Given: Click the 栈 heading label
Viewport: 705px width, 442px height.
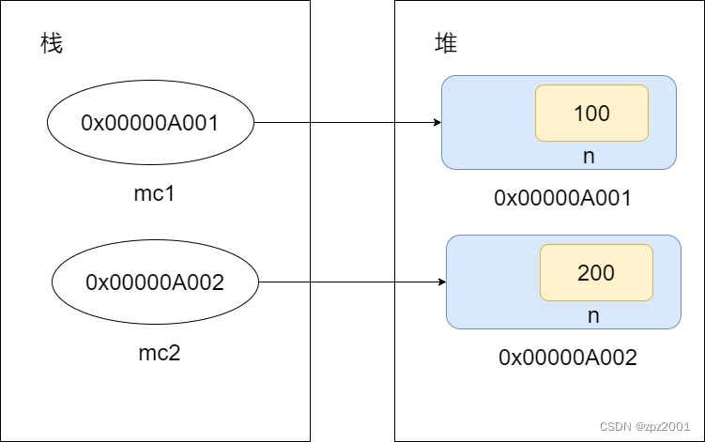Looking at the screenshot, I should (52, 43).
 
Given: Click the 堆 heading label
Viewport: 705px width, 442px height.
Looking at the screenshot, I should (447, 43).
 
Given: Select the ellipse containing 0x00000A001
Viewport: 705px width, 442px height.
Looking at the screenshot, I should (150, 123).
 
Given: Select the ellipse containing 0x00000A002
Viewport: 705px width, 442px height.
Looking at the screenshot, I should (155, 282).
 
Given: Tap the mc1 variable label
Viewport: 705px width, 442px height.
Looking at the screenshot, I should (155, 197).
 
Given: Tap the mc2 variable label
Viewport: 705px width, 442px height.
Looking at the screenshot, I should (159, 355).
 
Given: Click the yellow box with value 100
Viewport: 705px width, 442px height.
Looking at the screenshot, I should (591, 114).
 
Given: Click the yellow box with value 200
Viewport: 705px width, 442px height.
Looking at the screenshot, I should (596, 273).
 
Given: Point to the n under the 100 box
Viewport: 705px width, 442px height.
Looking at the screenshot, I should (589, 156).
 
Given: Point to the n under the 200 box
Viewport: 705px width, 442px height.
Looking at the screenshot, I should (593, 315).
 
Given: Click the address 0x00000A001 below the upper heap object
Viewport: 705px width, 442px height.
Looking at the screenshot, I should (563, 198).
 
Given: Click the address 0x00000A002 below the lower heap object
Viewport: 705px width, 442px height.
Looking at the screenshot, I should (568, 358).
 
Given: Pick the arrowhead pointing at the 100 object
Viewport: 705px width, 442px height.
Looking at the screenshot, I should (437, 123).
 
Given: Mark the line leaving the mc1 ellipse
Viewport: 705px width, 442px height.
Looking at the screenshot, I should (282, 123).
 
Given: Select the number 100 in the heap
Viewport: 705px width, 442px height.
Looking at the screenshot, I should (591, 114).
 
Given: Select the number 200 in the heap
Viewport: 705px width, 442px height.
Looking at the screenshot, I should (596, 273).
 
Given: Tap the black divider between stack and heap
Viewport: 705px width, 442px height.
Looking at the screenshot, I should (352, 221).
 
